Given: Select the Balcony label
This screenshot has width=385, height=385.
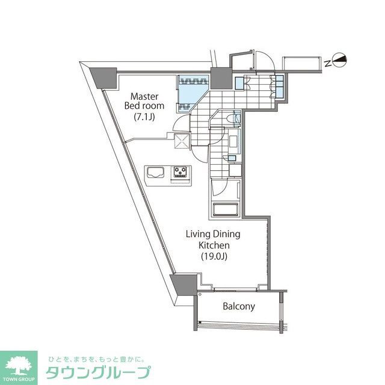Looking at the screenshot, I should (x=239, y=306).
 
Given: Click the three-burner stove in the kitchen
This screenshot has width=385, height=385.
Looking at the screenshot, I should (x=180, y=173).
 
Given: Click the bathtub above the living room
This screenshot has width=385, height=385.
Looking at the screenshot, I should (x=226, y=211).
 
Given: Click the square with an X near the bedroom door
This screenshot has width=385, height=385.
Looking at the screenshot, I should (x=181, y=141).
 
